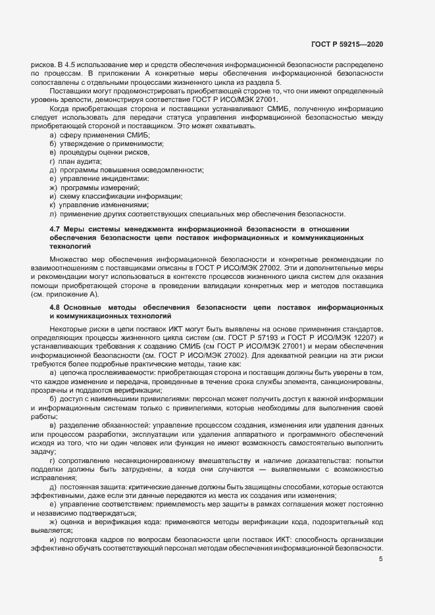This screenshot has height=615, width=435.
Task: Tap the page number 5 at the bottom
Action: point(380,560)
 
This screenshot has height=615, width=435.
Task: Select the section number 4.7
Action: point(55,228)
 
